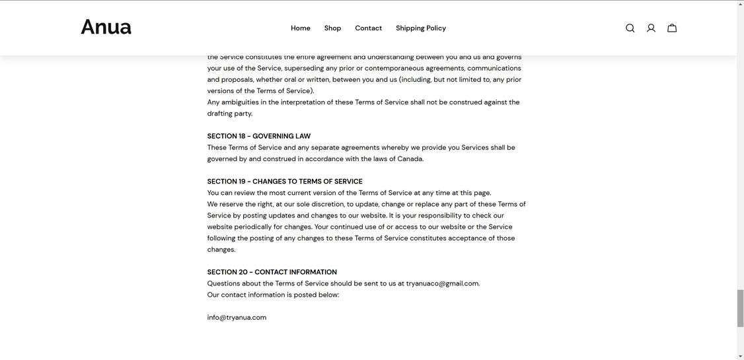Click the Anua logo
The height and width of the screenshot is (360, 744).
(106, 28)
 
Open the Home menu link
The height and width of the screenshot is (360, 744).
(301, 28)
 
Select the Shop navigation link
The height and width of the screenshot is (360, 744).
(332, 28)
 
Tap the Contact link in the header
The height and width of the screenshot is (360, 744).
(368, 28)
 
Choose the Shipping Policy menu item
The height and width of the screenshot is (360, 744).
(421, 28)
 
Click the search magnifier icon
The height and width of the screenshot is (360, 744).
(630, 28)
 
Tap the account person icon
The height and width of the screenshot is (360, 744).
(651, 28)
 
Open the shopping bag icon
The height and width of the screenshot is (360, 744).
(672, 28)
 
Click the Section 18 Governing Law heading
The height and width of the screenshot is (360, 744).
(258, 136)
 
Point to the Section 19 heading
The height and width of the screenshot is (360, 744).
(285, 182)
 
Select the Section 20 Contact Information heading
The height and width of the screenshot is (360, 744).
(272, 272)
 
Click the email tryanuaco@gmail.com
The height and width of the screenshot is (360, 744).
(442, 284)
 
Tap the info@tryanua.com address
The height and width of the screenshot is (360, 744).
(237, 318)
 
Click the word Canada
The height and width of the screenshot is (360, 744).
(410, 159)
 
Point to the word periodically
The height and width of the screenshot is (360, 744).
(252, 227)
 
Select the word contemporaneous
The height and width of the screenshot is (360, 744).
(394, 69)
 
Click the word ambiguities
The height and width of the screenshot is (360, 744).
(240, 102)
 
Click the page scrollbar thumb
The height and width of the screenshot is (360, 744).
(740, 308)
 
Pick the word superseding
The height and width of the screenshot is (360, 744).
(304, 69)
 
